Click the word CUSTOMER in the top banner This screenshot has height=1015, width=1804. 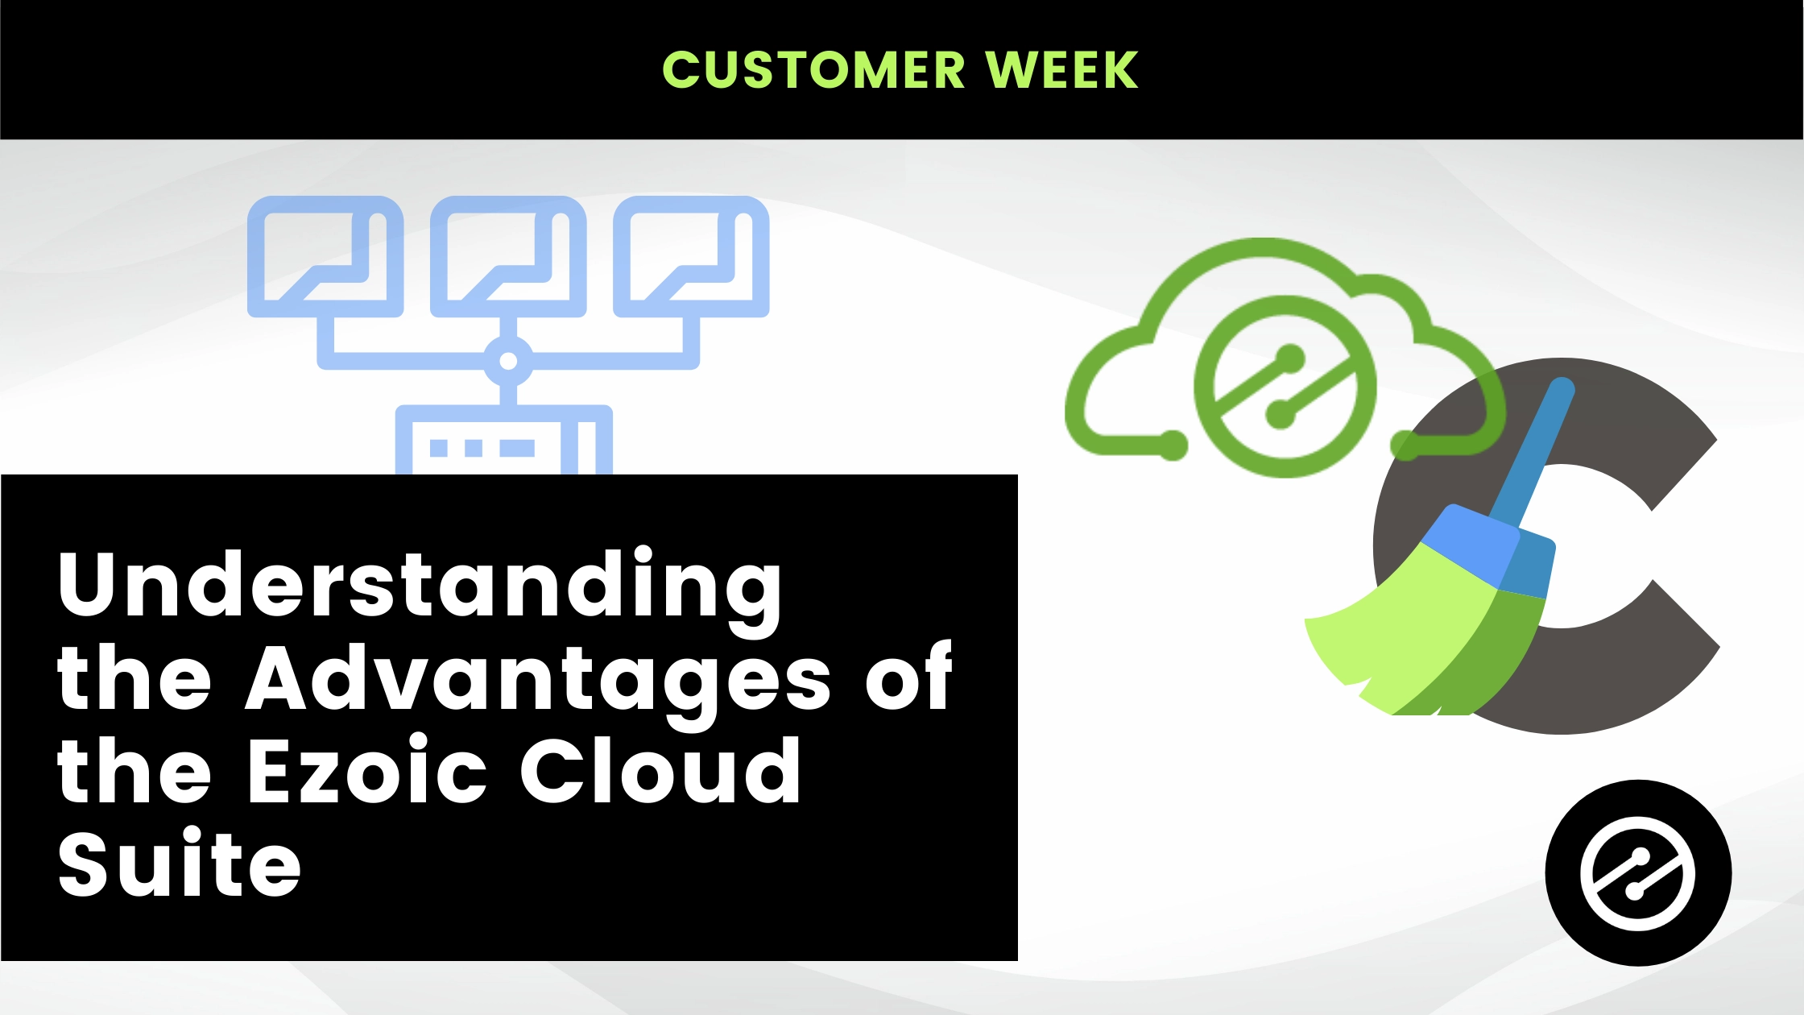point(813,69)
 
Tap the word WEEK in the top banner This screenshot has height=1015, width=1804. point(1062,69)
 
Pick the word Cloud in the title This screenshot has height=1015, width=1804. point(660,771)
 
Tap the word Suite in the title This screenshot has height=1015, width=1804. point(180,864)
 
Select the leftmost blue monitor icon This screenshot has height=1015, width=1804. point(325,257)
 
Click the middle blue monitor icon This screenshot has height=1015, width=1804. point(508,257)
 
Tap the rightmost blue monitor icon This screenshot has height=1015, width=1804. point(692,257)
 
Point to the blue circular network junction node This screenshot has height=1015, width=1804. point(508,361)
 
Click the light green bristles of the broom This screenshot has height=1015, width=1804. point(1401,636)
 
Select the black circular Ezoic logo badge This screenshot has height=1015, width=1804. point(1638,872)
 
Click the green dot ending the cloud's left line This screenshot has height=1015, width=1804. point(1173,445)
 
